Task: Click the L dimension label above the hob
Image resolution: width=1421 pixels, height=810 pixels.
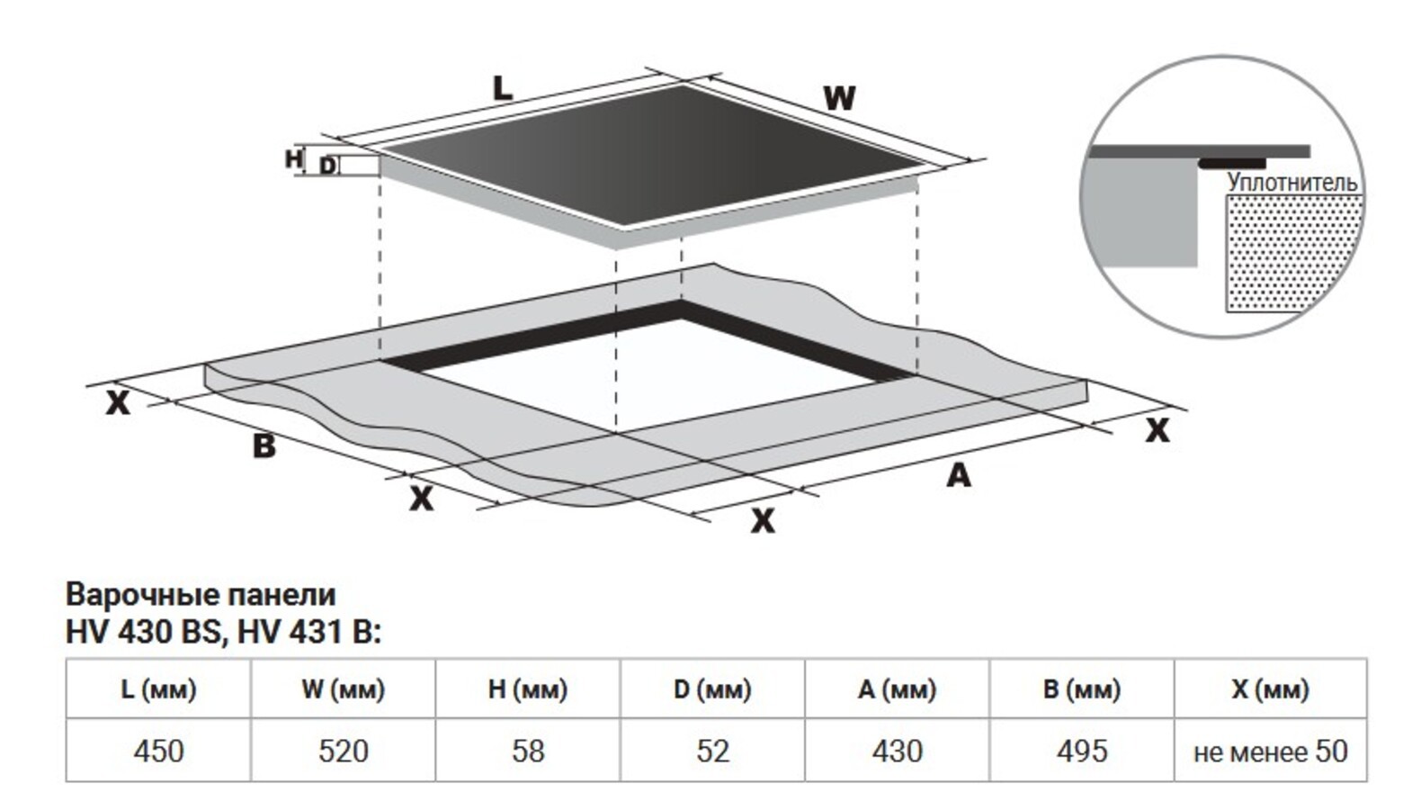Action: tap(503, 88)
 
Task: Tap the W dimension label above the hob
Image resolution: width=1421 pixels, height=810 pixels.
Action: tap(839, 98)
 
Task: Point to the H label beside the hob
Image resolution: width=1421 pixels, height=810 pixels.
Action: tap(293, 158)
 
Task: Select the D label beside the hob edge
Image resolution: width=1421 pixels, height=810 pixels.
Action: tap(327, 166)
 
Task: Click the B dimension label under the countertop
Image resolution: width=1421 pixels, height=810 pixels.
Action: tap(264, 445)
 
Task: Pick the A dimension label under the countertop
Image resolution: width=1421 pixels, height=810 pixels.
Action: tap(959, 475)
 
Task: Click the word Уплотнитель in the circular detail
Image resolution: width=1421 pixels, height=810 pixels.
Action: tap(1291, 182)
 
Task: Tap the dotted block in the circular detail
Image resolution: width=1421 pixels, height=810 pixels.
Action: tap(1294, 253)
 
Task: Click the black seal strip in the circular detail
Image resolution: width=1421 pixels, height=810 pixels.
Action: tap(1232, 164)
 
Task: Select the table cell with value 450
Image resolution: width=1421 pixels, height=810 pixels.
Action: tap(158, 751)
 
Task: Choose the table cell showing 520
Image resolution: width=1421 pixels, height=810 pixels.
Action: tap(344, 751)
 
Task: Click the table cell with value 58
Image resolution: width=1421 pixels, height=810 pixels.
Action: tap(528, 751)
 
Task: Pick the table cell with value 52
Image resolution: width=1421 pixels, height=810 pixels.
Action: tap(712, 751)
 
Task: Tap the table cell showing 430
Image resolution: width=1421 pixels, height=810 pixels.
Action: tap(897, 751)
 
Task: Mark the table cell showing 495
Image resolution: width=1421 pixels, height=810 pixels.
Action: tap(1082, 751)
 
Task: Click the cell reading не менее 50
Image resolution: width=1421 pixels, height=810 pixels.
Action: tap(1271, 751)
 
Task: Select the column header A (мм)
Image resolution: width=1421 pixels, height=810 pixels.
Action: tap(897, 688)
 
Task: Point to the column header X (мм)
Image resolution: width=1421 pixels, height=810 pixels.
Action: tap(1271, 688)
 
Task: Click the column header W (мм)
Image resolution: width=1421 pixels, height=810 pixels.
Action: tap(344, 688)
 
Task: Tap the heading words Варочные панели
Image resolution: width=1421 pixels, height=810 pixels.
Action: tap(201, 595)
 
